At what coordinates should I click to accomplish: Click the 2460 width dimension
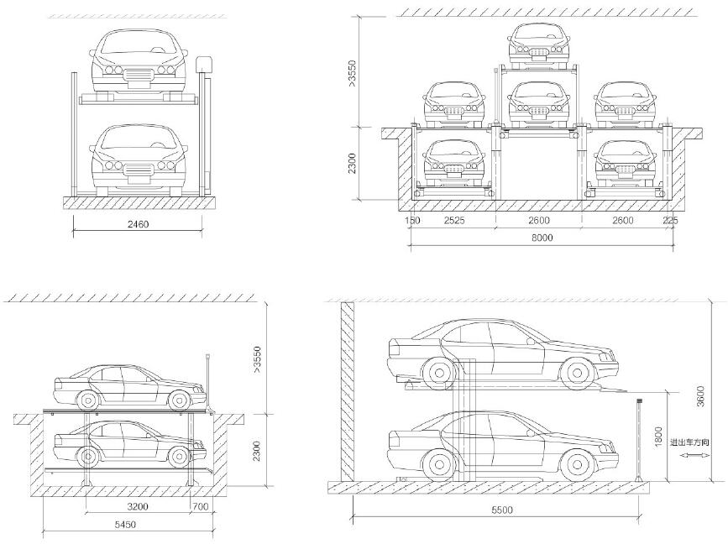pyautogui.click(x=138, y=224)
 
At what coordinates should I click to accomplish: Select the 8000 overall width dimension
pyautogui.click(x=542, y=238)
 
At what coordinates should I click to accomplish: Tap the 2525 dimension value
pyautogui.click(x=454, y=221)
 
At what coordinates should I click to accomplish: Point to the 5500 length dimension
pyautogui.click(x=502, y=510)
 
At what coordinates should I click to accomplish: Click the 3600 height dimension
pyautogui.click(x=700, y=396)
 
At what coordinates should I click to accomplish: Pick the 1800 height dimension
pyautogui.click(x=658, y=437)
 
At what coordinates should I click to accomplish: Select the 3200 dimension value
pyautogui.click(x=138, y=506)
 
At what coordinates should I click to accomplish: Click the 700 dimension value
pyautogui.click(x=200, y=506)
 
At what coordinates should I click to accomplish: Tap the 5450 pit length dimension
pyautogui.click(x=125, y=525)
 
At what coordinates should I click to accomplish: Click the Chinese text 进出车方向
pyautogui.click(x=690, y=442)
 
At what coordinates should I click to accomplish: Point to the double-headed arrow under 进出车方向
pyautogui.click(x=691, y=456)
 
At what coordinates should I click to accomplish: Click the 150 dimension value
pyautogui.click(x=412, y=221)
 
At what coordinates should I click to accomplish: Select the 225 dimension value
pyautogui.click(x=670, y=221)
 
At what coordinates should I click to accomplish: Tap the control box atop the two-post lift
pyautogui.click(x=205, y=64)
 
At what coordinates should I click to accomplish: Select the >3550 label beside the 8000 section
pyautogui.click(x=353, y=73)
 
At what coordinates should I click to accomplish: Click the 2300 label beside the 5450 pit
pyautogui.click(x=257, y=451)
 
